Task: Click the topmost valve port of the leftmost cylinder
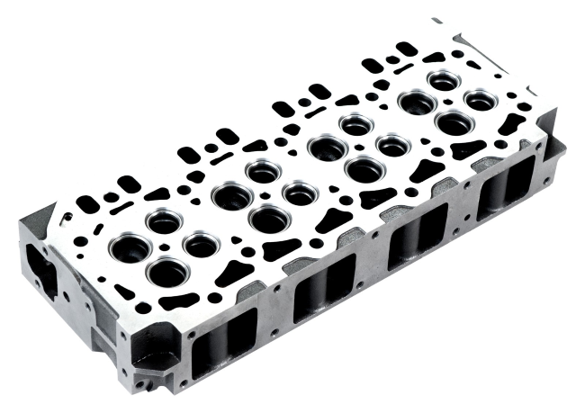(x=163, y=220)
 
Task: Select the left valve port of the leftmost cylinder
(x=126, y=247)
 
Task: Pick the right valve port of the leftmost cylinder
(x=201, y=244)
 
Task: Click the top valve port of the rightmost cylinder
(x=443, y=82)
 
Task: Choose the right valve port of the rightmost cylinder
(x=481, y=101)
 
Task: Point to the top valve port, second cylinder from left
(x=262, y=170)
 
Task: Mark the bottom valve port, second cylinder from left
(x=266, y=218)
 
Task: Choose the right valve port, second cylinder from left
(x=299, y=193)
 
